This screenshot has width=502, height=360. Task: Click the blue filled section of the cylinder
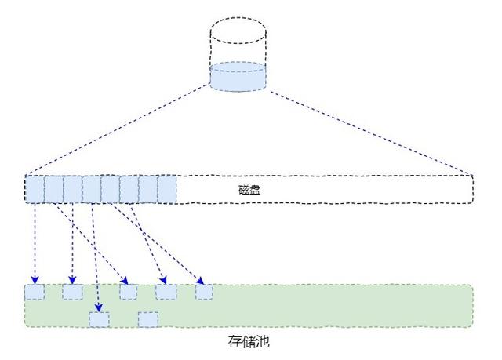point(238,77)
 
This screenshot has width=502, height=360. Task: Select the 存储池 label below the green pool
point(249,342)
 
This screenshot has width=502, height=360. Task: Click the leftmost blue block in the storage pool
point(35,293)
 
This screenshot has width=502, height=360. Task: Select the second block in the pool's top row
point(72,293)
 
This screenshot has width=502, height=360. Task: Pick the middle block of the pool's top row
point(128,293)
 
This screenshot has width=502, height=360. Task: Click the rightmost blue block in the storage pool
point(204,293)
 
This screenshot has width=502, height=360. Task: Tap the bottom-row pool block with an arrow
point(99,319)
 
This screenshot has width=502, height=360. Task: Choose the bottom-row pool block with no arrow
point(148,319)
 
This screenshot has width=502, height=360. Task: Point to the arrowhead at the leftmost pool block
point(35,280)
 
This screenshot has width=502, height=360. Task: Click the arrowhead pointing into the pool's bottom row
point(98,307)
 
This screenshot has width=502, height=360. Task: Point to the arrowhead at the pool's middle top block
point(125,280)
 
